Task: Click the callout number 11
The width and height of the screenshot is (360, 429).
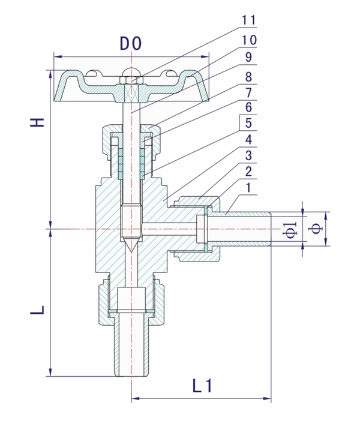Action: (x=249, y=20)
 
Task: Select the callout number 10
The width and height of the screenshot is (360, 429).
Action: (x=249, y=40)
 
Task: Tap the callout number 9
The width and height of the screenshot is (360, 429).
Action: (x=249, y=58)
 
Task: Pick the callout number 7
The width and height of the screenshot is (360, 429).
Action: (x=249, y=94)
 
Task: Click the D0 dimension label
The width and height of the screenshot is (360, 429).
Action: (x=131, y=43)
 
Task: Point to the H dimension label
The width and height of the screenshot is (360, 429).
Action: (x=38, y=122)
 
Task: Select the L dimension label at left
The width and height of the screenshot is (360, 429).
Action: (x=38, y=310)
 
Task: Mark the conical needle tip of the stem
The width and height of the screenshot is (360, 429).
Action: (x=131, y=245)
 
